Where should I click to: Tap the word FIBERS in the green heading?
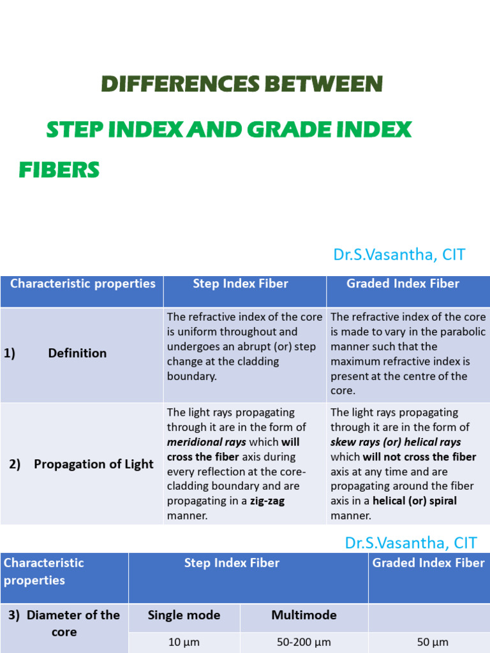coord(59,170)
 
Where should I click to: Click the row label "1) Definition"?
coord(56,353)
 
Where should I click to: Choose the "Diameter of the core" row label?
coord(64,623)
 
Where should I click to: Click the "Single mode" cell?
coord(184,615)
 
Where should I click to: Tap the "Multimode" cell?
coord(304,615)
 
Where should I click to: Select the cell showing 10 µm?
coord(184,642)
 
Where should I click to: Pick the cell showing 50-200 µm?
coord(304,642)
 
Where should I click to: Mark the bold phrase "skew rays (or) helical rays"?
coord(396,442)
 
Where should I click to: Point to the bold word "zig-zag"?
coord(267,501)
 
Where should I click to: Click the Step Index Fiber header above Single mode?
coord(232,563)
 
